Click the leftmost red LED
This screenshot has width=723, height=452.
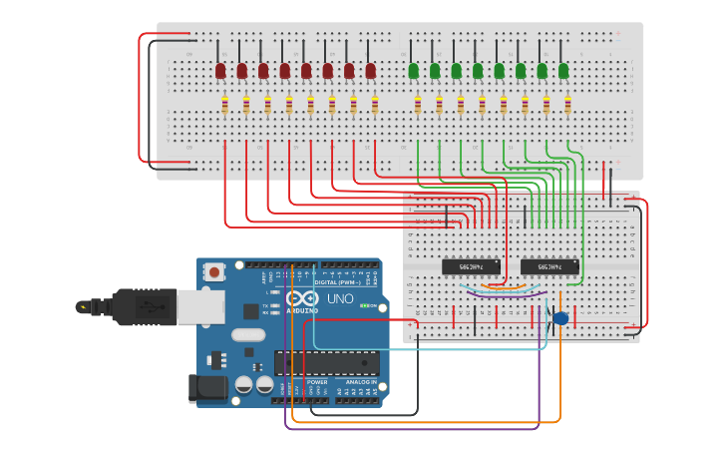(x=220, y=71)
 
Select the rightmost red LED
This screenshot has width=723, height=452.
(x=371, y=71)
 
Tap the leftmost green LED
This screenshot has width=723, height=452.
(x=413, y=71)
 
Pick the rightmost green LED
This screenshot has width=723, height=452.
(x=563, y=71)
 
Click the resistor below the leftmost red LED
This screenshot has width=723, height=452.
(x=225, y=105)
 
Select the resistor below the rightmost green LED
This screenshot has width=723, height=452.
(x=568, y=105)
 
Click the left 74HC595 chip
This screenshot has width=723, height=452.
(x=471, y=266)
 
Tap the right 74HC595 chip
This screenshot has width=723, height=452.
(x=549, y=266)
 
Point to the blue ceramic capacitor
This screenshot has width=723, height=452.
(x=560, y=317)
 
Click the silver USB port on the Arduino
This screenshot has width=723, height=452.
(x=200, y=306)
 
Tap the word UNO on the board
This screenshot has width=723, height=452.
(x=340, y=298)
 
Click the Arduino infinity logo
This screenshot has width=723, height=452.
(x=301, y=298)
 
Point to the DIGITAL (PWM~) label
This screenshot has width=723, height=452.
(x=333, y=282)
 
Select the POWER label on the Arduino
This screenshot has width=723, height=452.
(x=317, y=382)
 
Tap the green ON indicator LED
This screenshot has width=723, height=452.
(x=366, y=305)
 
